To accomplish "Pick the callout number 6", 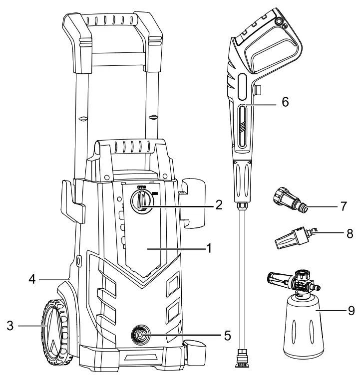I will [x=285, y=101].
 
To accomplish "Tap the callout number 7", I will [x=344, y=205].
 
